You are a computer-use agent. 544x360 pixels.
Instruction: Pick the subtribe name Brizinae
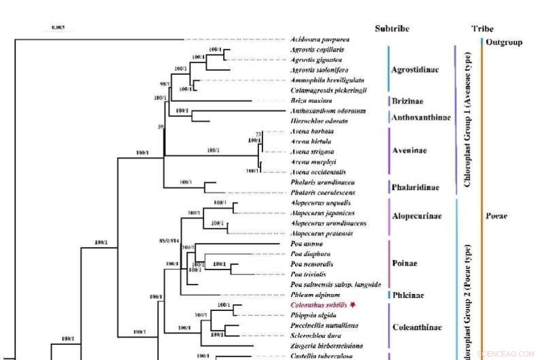(x=408, y=101)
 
